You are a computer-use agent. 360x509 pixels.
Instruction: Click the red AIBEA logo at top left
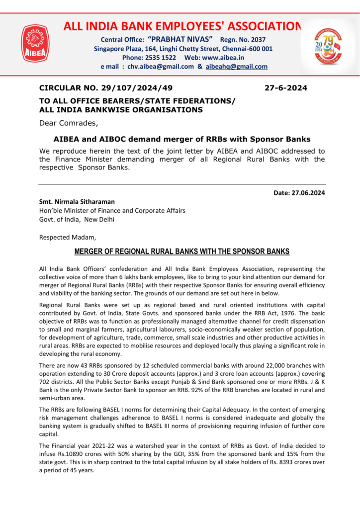(x=35, y=44)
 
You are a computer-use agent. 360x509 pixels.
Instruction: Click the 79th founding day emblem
(x=328, y=48)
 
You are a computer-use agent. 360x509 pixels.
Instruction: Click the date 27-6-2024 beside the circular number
(x=285, y=88)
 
